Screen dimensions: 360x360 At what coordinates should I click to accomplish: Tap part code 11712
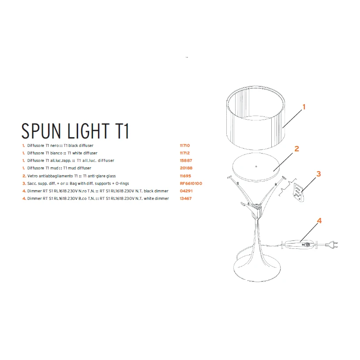coord(186,153)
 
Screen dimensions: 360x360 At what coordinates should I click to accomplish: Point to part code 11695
coord(186,176)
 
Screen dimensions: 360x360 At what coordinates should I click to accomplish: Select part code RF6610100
coord(191,183)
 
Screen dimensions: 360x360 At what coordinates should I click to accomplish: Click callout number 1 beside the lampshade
coord(304,107)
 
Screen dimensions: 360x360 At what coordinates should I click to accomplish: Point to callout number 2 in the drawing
coord(297,149)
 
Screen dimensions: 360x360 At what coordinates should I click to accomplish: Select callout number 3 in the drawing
coord(319,174)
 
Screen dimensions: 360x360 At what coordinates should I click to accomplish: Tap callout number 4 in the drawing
coord(319,221)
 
